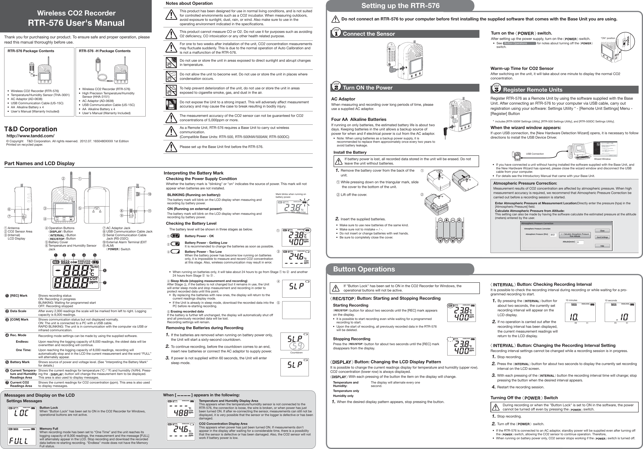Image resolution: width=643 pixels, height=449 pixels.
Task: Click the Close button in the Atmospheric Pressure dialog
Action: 602,231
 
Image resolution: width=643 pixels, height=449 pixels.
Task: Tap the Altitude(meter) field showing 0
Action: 580,242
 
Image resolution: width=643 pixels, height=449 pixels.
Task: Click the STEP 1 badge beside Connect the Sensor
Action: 336,33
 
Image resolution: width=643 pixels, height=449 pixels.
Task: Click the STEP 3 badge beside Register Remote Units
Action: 496,89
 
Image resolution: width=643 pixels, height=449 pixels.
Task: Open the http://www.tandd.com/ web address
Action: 31,136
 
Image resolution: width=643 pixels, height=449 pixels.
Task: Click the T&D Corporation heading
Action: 31,129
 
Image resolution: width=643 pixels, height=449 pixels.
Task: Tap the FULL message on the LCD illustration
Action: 19,441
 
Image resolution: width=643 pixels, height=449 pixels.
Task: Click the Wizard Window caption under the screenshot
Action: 602,159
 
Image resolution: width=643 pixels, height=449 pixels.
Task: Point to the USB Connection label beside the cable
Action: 535,154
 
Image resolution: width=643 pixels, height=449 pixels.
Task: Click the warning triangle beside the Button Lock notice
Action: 335,288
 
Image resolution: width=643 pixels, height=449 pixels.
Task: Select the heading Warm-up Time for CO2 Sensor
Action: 522,69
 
